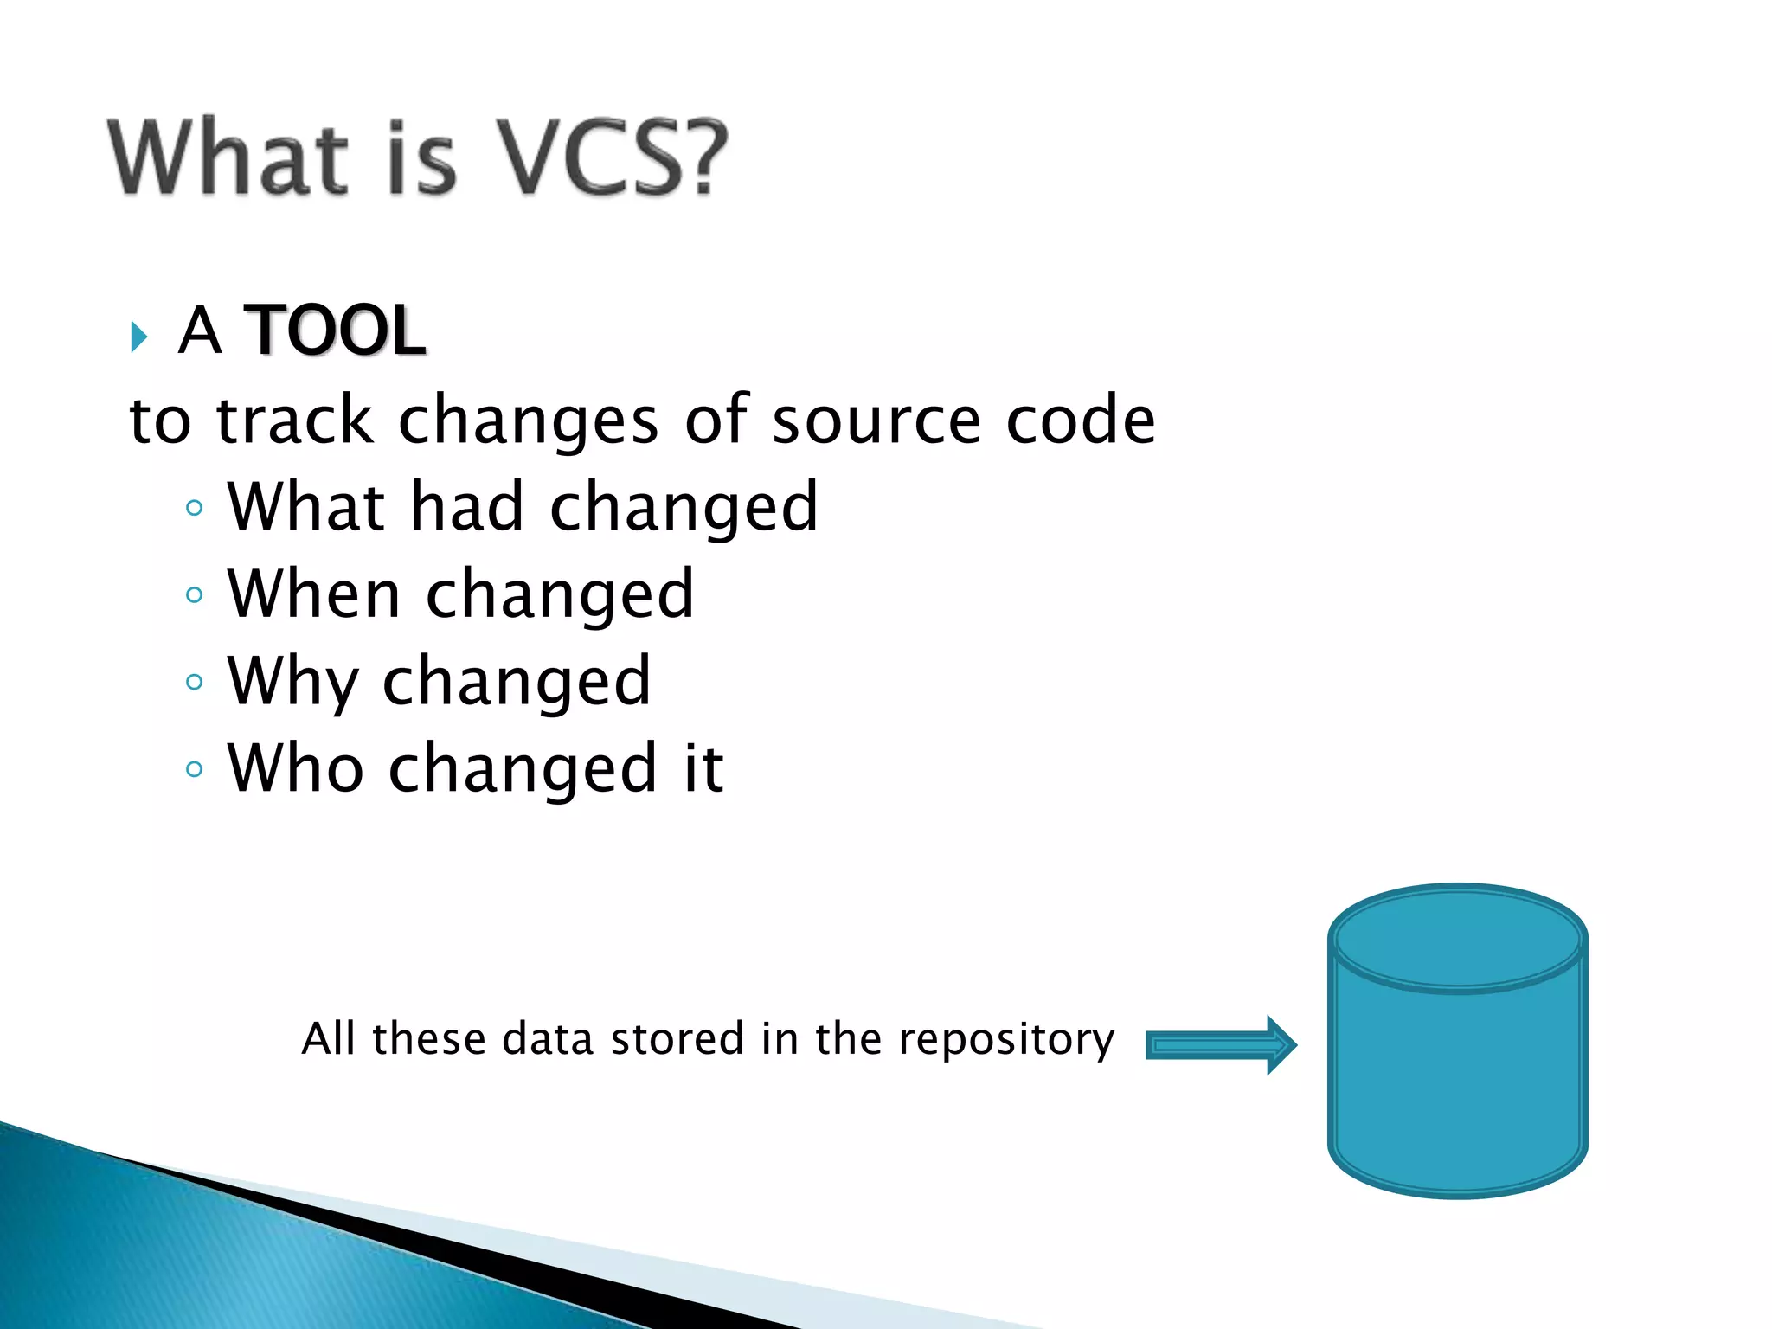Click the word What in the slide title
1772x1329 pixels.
click(x=228, y=157)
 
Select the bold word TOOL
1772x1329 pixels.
click(x=335, y=331)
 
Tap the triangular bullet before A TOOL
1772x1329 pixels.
click(x=138, y=336)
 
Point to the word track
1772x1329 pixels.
click(x=295, y=421)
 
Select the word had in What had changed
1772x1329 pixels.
click(x=466, y=507)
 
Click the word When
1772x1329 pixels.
click(x=313, y=594)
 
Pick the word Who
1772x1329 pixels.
click(x=295, y=768)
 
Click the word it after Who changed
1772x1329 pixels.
click(x=703, y=768)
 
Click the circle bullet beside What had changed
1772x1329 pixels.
click(x=194, y=508)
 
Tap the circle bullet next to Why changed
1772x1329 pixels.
click(x=194, y=682)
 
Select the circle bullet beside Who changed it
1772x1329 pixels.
click(x=194, y=768)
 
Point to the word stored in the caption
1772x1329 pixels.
click(x=677, y=1038)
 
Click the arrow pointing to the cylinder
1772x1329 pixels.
click(x=1220, y=1045)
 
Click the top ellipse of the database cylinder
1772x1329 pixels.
click(x=1457, y=938)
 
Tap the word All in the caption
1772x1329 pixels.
click(x=328, y=1038)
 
